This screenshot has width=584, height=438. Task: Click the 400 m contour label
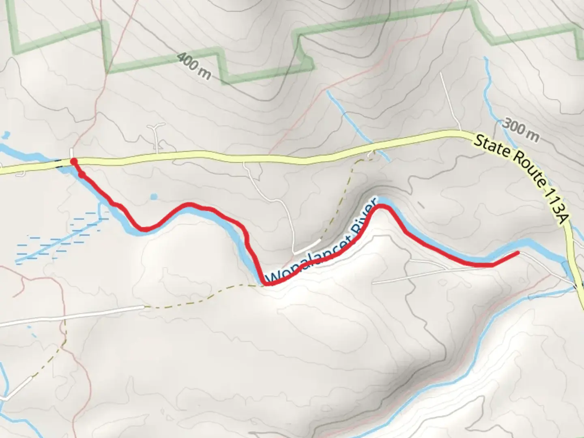(x=194, y=66)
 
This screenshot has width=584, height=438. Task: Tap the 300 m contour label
(x=521, y=129)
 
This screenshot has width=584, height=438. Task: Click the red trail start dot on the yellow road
(x=74, y=161)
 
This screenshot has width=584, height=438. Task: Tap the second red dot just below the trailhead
(x=82, y=175)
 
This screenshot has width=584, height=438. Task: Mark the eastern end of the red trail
(x=517, y=253)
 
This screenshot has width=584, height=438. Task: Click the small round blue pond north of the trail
(x=153, y=197)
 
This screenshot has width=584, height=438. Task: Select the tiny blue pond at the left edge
(x=6, y=134)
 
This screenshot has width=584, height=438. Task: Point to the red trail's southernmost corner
(x=268, y=283)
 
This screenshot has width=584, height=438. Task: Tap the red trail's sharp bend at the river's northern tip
(x=382, y=207)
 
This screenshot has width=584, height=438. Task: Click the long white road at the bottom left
(x=73, y=315)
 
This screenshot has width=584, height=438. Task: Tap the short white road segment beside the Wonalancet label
(x=306, y=247)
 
